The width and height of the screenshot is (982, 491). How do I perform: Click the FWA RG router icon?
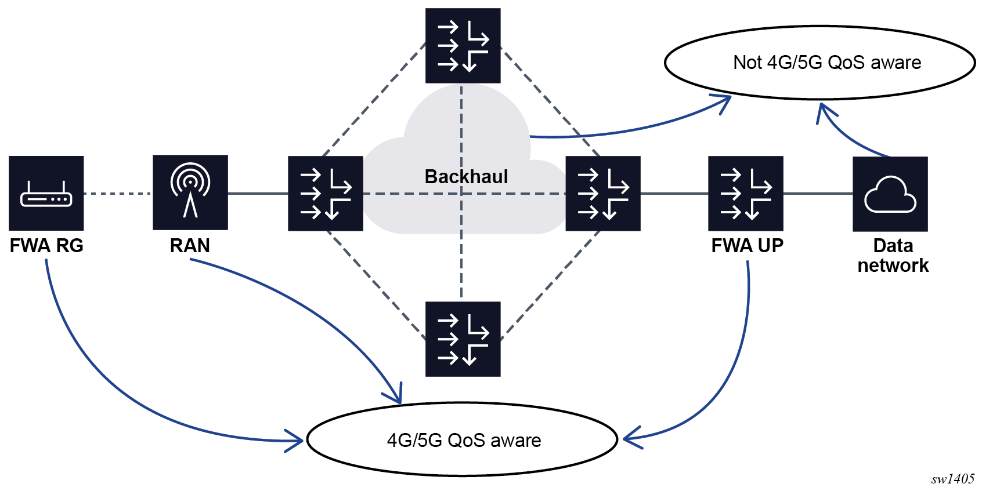pos(46,193)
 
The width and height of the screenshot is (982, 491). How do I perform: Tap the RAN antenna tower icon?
pos(190,192)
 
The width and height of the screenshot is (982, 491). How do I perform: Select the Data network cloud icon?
pos(890,194)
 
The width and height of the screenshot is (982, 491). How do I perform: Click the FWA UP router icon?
pos(746,194)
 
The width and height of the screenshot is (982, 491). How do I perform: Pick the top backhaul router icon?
pos(463,46)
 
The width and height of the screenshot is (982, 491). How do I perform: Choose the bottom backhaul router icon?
pos(463,339)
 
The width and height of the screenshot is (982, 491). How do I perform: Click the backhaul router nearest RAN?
pos(326,194)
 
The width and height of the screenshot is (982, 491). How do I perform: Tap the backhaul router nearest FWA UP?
pos(603,194)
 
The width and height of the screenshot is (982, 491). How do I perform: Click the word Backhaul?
pos(466,176)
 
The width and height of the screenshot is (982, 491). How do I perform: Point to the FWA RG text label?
pos(46,246)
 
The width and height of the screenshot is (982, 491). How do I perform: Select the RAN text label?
pos(190,246)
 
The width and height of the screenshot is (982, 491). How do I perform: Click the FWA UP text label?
pos(747,246)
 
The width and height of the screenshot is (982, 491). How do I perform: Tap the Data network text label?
pos(893,256)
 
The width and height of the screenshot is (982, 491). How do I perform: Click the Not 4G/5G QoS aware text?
pos(827,63)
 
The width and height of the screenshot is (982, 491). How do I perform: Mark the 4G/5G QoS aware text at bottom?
pos(464,441)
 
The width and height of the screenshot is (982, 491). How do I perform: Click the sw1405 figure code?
pos(952,479)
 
